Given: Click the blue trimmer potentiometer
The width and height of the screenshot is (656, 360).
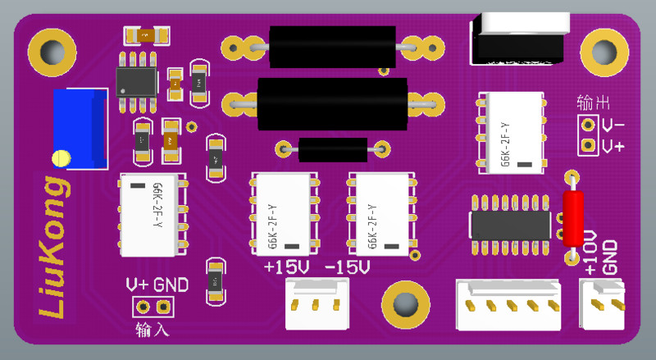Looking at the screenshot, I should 80,128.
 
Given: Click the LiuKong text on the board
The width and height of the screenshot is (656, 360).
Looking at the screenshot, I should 51,246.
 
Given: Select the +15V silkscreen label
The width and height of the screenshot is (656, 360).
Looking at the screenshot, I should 287,268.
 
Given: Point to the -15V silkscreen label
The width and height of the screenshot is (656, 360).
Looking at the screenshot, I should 348,268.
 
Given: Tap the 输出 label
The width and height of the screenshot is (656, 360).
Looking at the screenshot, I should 593,103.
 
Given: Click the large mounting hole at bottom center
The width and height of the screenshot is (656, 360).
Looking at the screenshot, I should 405,305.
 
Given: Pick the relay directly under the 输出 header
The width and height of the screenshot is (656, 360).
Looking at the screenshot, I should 511,132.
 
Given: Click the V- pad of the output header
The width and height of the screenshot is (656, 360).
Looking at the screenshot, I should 587,125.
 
